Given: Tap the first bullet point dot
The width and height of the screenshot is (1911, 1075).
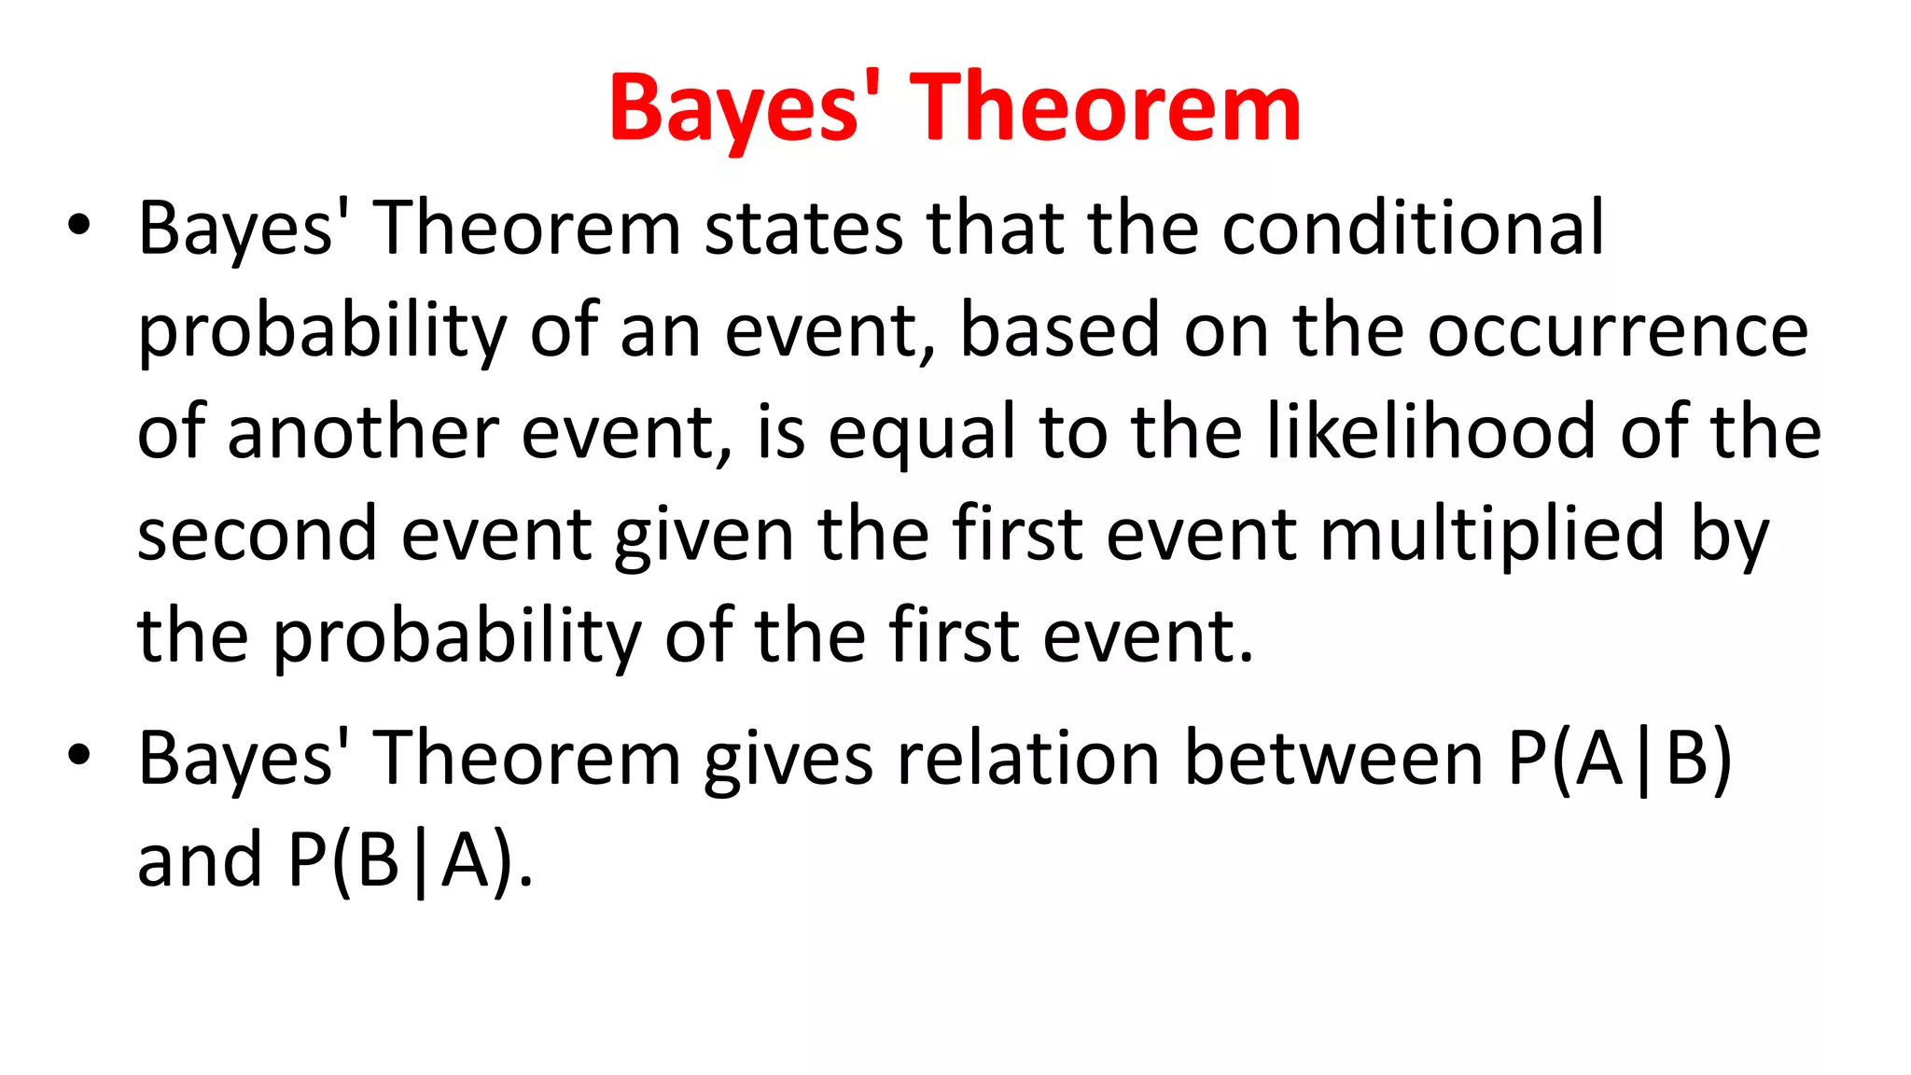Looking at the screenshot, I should tap(79, 225).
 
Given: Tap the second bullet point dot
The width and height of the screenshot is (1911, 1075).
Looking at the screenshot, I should tap(79, 754).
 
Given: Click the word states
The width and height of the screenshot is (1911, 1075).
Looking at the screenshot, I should tap(803, 230).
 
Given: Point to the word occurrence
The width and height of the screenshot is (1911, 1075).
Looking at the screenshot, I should tap(1618, 332).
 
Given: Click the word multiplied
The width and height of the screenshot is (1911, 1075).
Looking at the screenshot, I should tap(1493, 536).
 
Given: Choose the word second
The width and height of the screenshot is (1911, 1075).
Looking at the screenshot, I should tap(257, 535).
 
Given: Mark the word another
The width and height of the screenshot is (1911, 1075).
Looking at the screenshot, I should tap(364, 433).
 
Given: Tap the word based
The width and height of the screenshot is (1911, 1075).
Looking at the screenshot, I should tap(1060, 331).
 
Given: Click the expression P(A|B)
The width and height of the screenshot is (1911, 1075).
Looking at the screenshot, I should tap(1620, 759).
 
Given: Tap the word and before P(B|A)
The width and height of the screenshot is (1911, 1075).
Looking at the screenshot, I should tap(199, 860).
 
